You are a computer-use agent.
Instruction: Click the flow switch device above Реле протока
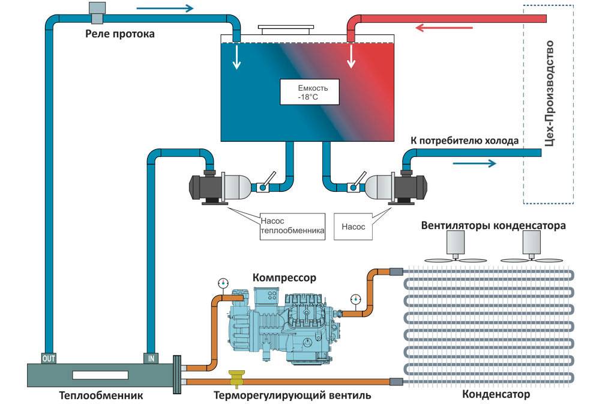96,9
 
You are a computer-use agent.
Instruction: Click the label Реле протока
119,34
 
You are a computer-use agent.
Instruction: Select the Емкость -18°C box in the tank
309,92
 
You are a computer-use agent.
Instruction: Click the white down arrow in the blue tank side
238,57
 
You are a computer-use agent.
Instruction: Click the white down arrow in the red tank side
351,58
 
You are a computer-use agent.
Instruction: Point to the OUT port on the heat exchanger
48,358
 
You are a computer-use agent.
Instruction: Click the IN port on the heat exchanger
151,358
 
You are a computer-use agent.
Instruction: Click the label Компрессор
284,278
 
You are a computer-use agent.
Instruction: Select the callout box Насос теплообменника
292,227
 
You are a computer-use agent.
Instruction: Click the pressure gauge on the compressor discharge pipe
356,299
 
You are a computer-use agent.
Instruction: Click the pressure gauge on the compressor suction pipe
223,282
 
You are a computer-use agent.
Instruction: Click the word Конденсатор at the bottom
496,394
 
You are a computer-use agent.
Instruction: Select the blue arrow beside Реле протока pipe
166,8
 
